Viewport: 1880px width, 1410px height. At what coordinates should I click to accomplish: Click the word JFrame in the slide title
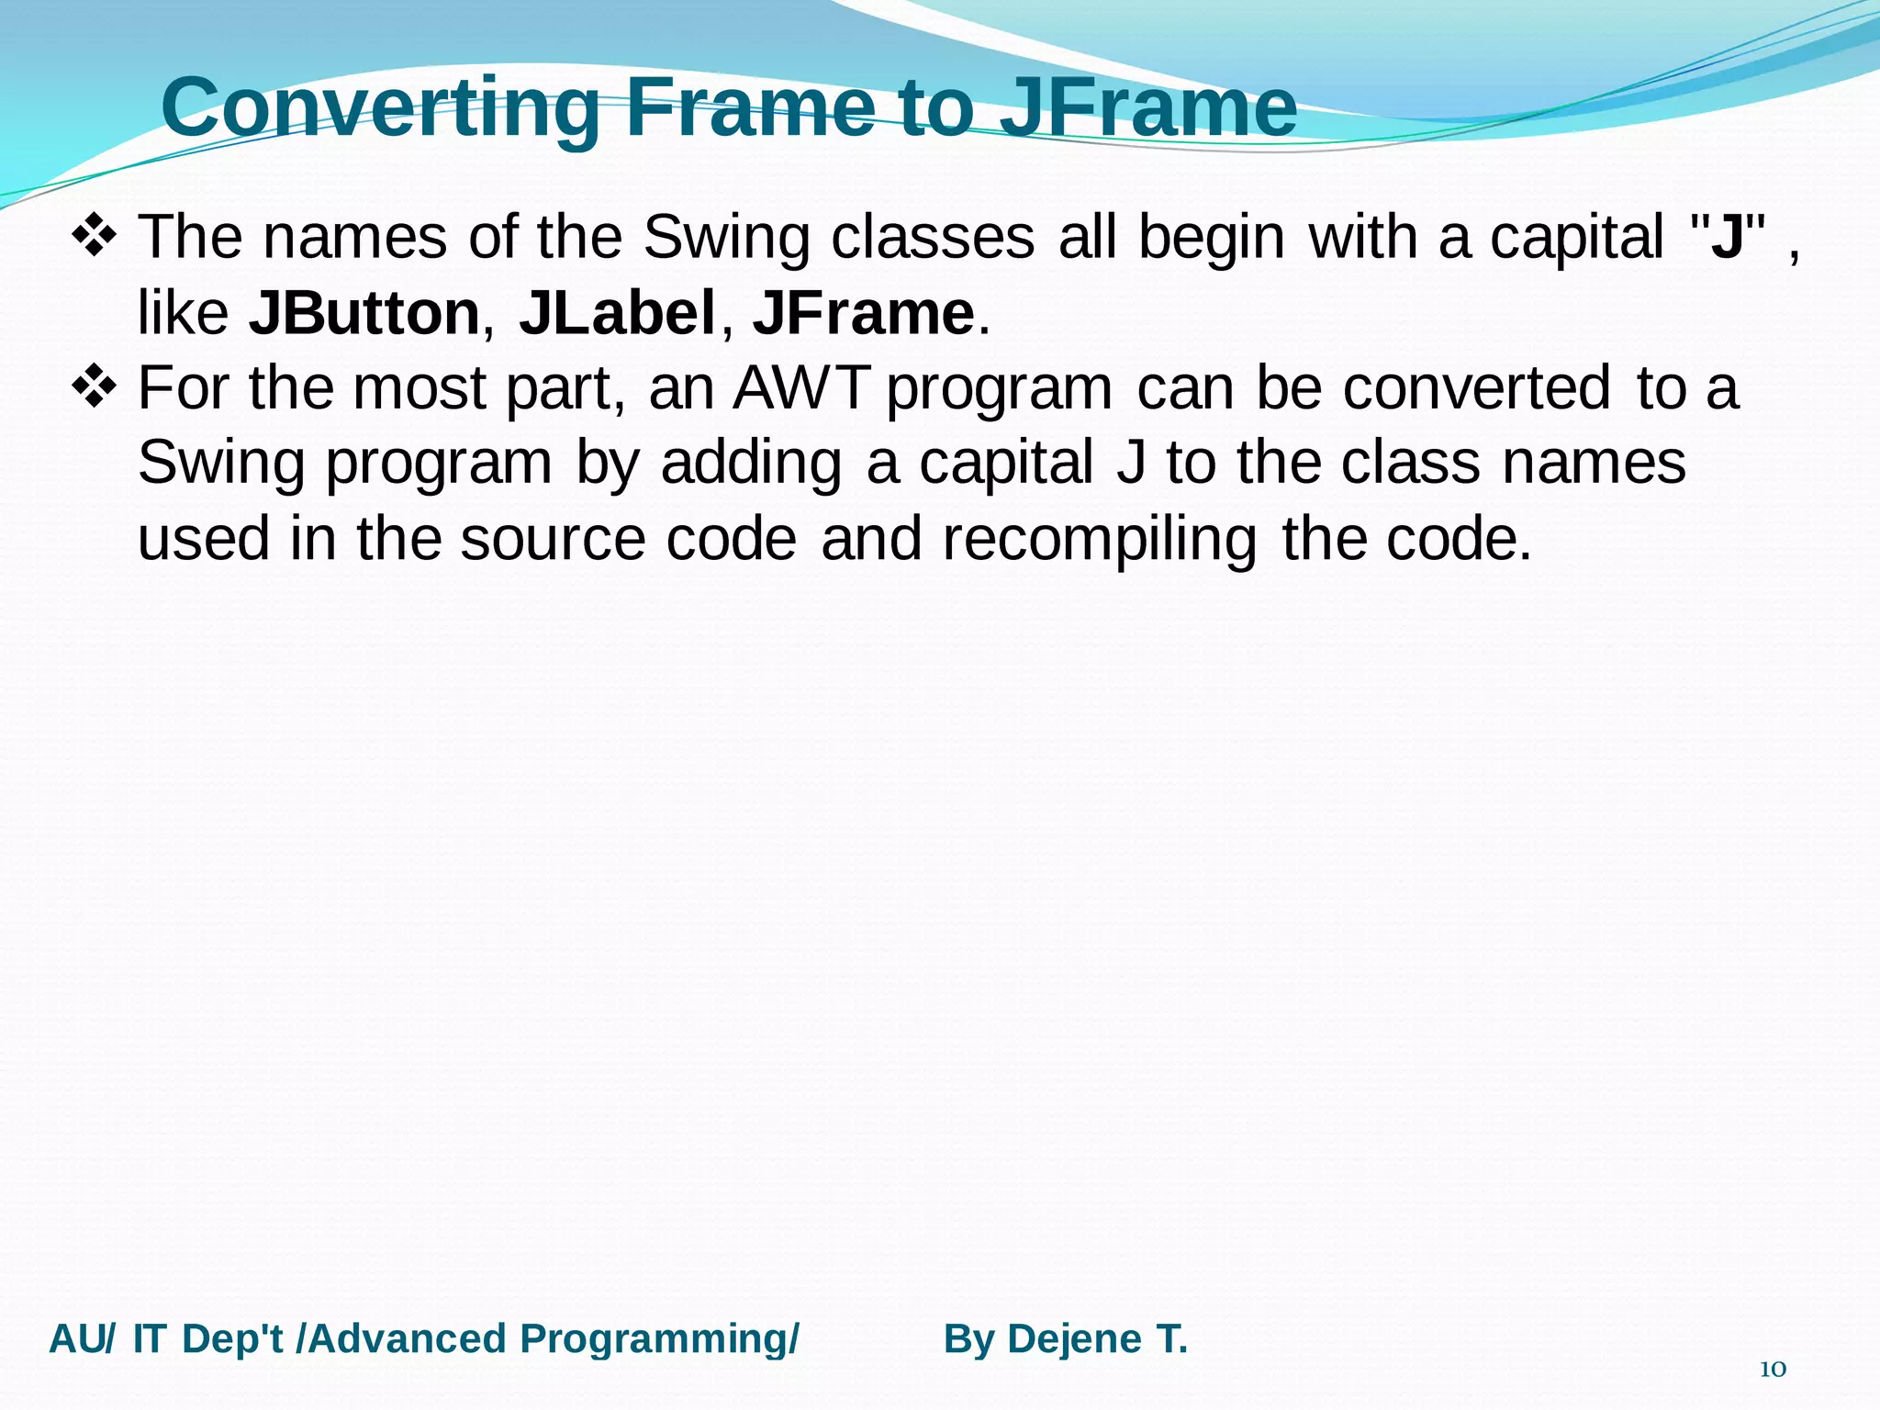pyautogui.click(x=1148, y=108)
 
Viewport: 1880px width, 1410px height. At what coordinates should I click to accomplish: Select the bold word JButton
pyautogui.click(x=364, y=314)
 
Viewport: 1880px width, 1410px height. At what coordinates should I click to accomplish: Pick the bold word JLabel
pyautogui.click(x=617, y=314)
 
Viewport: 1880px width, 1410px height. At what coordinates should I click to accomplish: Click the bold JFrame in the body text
pyautogui.click(x=863, y=314)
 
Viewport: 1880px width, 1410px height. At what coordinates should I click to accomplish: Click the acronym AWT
pyautogui.click(x=800, y=388)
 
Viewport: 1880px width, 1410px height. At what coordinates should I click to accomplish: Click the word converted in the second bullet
pyautogui.click(x=1476, y=388)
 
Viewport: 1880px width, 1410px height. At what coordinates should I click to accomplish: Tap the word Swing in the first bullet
pyautogui.click(x=726, y=238)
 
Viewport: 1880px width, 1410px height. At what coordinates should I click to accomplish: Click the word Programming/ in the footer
pyautogui.click(x=659, y=1339)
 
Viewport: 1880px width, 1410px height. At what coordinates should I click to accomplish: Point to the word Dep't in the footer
pyautogui.click(x=237, y=1339)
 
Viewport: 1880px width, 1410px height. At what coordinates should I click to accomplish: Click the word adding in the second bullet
pyautogui.click(x=751, y=464)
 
